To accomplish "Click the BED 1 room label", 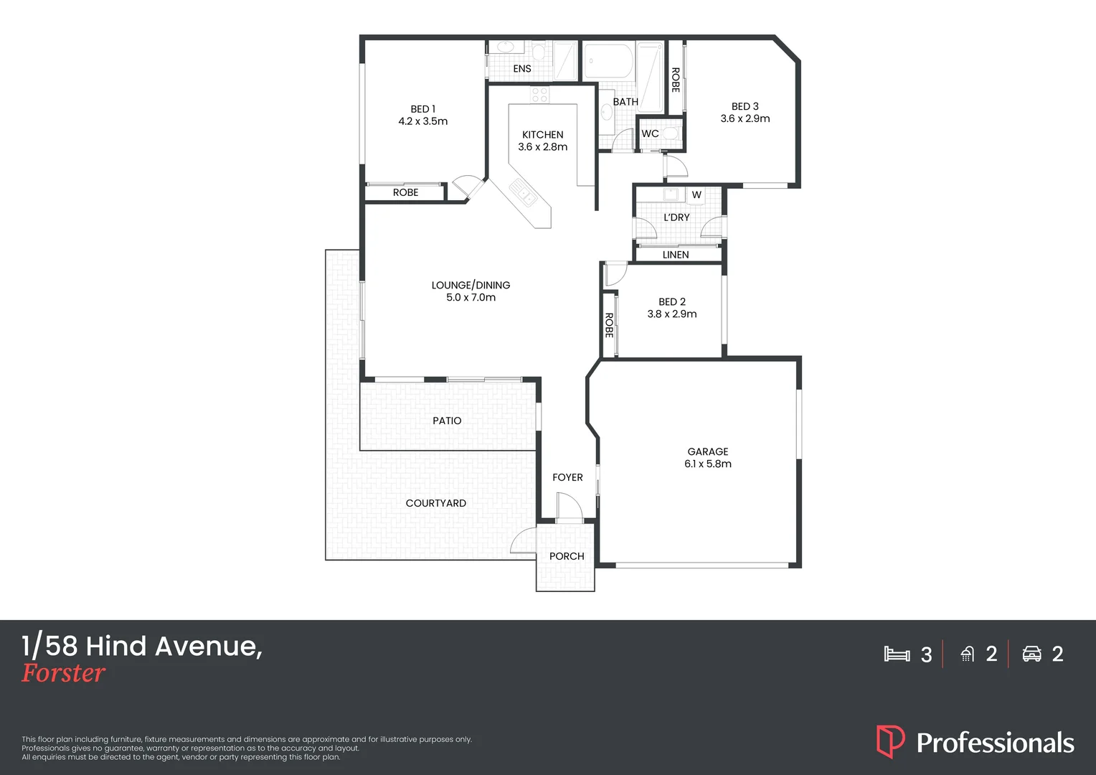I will [422, 109].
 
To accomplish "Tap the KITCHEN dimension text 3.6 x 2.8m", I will [542, 147].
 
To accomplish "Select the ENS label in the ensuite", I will [522, 69].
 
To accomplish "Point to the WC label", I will [650, 133].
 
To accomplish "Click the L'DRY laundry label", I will [676, 217].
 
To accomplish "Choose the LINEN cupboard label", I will [676, 255].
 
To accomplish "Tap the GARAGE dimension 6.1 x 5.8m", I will [708, 464].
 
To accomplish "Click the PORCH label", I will [567, 556].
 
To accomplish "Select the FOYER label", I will [567, 477].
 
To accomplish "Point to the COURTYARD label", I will [436, 503].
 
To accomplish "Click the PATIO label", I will [447, 421].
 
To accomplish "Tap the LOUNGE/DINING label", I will [471, 285].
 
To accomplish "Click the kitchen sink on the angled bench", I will [522, 192].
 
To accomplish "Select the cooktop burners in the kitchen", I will [539, 94].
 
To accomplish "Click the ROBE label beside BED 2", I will [609, 325].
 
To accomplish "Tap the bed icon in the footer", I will [897, 654].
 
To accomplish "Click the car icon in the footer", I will [1031, 654].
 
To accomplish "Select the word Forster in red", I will [63, 673].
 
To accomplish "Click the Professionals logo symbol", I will [890, 741].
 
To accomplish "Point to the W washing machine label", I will [696, 195].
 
